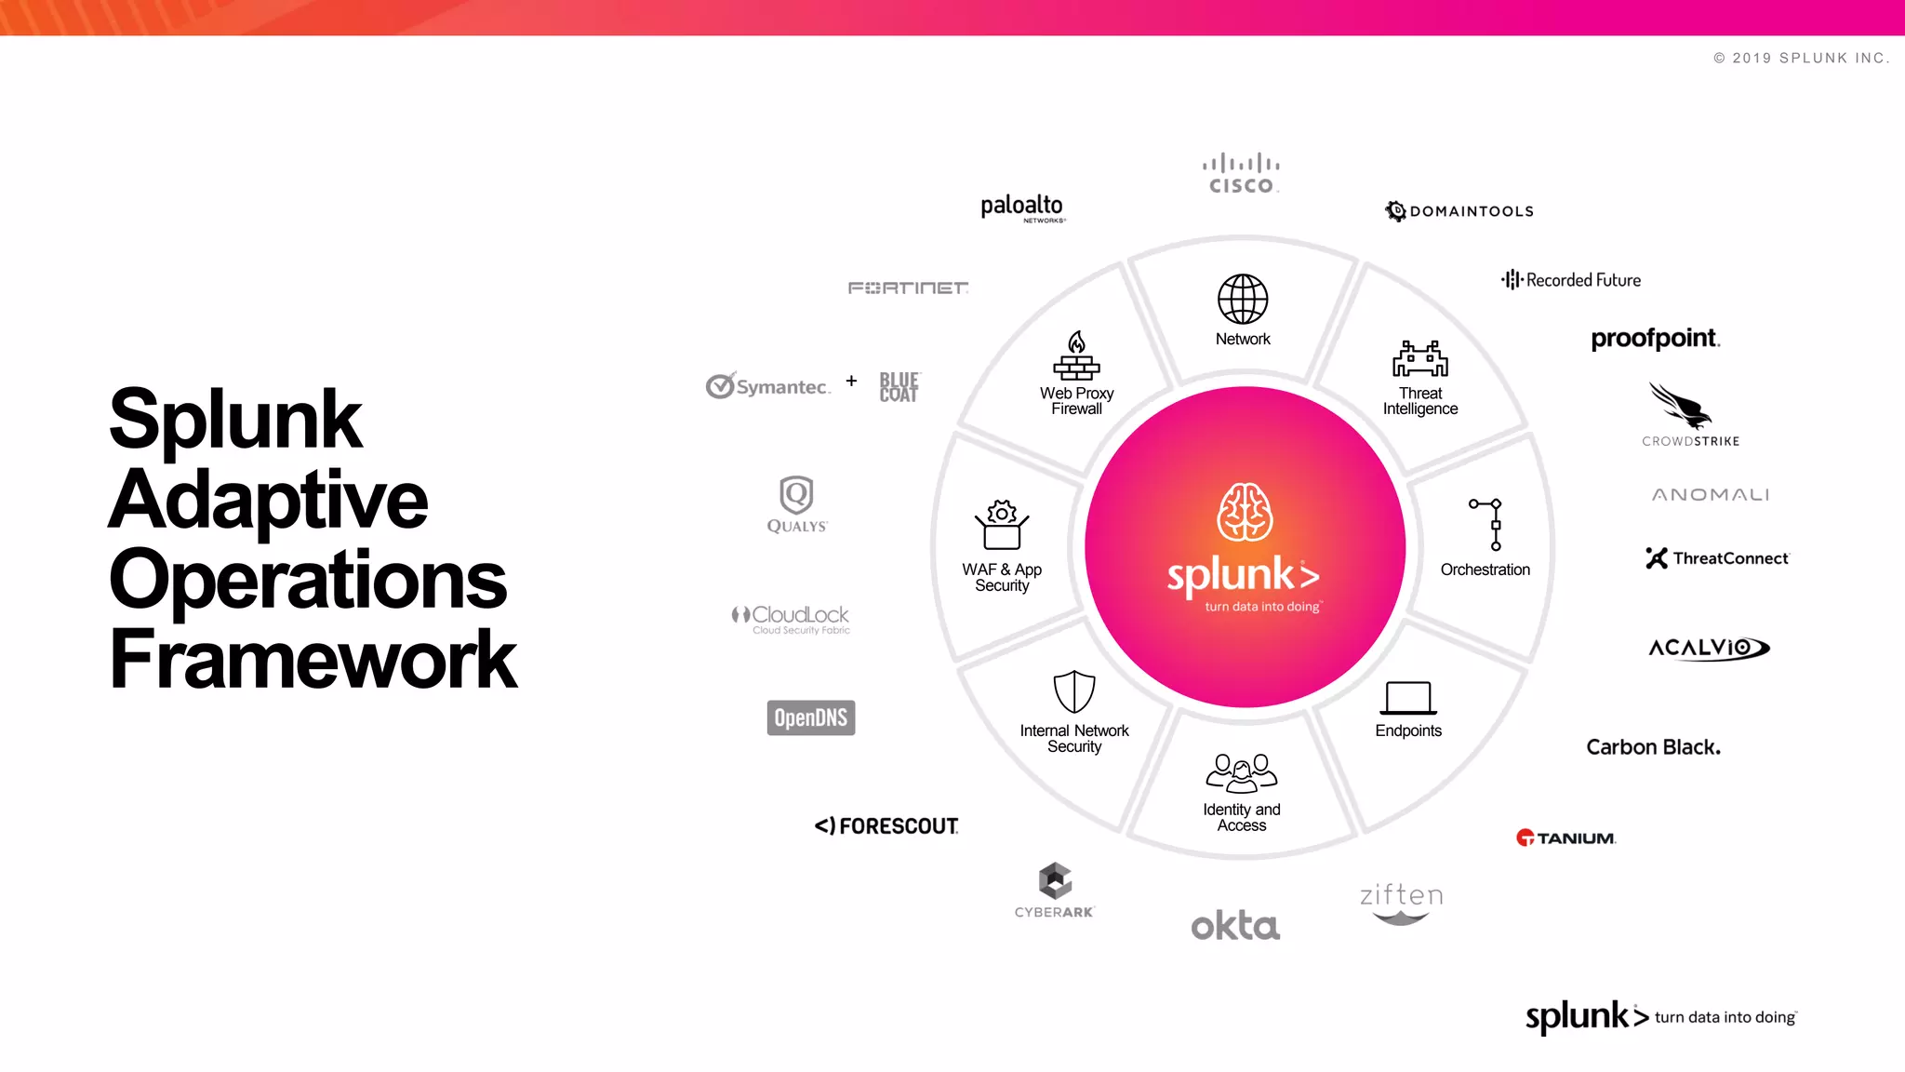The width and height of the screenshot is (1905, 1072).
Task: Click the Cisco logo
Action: pyautogui.click(x=1241, y=174)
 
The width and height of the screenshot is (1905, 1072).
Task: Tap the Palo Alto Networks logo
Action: pyautogui.click(x=1022, y=208)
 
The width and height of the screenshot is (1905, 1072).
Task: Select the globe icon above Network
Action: pyautogui.click(x=1243, y=299)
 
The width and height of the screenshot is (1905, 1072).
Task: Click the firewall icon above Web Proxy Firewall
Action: pyautogui.click(x=1076, y=356)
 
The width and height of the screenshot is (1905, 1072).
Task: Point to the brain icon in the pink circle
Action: pyautogui.click(x=1245, y=512)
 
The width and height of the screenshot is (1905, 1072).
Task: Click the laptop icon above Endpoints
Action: pyautogui.click(x=1408, y=698)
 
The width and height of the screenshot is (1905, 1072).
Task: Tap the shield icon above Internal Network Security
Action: pyautogui.click(x=1074, y=692)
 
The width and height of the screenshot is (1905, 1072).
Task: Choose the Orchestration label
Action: pyautogui.click(x=1485, y=569)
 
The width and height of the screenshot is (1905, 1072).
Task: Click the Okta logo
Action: pyautogui.click(x=1235, y=926)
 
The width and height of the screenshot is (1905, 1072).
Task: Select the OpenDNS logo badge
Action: pyautogui.click(x=811, y=717)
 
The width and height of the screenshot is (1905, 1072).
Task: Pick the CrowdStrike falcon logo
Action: pyautogui.click(x=1682, y=407)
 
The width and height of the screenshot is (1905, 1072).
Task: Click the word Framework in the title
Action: pyautogui.click(x=313, y=659)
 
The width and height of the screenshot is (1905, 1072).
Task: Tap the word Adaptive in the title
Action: pyautogui.click(x=269, y=499)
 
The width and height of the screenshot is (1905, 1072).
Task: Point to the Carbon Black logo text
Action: pyautogui.click(x=1653, y=747)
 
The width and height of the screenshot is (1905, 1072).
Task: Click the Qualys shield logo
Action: pyautogui.click(x=796, y=495)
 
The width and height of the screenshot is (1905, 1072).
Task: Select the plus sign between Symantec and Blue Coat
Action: pyautogui.click(x=851, y=381)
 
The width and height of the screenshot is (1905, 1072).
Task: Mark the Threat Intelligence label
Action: pyautogui.click(x=1419, y=401)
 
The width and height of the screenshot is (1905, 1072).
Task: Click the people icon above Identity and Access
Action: pyautogui.click(x=1242, y=772)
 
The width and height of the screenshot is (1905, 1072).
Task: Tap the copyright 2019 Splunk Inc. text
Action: pyautogui.click(x=1801, y=58)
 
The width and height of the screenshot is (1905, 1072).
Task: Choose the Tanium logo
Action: pyautogui.click(x=1566, y=837)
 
